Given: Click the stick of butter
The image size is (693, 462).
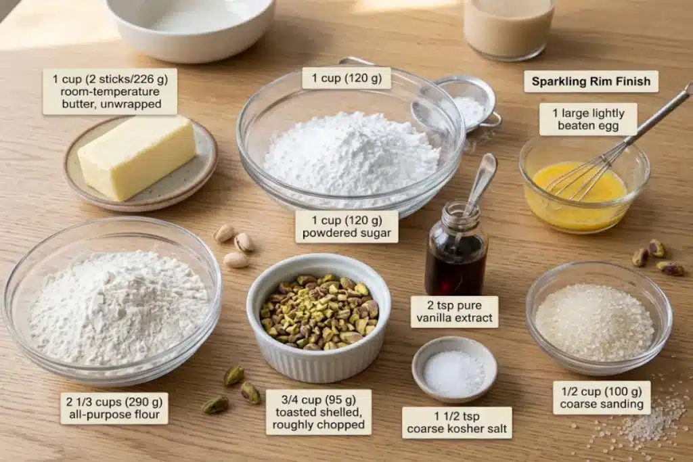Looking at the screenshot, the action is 137,157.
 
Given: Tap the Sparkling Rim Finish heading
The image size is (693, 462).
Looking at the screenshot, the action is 591,81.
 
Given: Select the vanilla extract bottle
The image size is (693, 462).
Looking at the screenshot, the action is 456,249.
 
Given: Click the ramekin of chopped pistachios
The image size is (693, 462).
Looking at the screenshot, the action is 319,317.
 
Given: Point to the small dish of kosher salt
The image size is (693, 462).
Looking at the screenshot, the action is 454,369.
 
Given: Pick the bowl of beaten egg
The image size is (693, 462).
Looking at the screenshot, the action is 584,185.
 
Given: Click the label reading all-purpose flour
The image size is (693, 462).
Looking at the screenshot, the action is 114,408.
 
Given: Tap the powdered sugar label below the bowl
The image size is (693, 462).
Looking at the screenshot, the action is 346,227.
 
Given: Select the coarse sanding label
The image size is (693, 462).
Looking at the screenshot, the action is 602,398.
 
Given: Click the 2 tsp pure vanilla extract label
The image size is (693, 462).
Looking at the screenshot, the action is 454,311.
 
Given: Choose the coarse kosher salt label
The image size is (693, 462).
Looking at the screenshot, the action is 457,422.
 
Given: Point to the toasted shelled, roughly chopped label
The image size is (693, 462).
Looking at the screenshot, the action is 319,412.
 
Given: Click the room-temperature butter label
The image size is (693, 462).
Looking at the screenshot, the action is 110,91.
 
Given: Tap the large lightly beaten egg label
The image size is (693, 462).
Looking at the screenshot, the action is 588,119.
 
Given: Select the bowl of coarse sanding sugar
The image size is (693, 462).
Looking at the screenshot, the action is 599,318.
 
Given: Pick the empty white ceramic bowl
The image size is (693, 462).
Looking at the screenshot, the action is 190,27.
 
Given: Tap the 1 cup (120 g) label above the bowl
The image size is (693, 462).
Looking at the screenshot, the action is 346,78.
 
